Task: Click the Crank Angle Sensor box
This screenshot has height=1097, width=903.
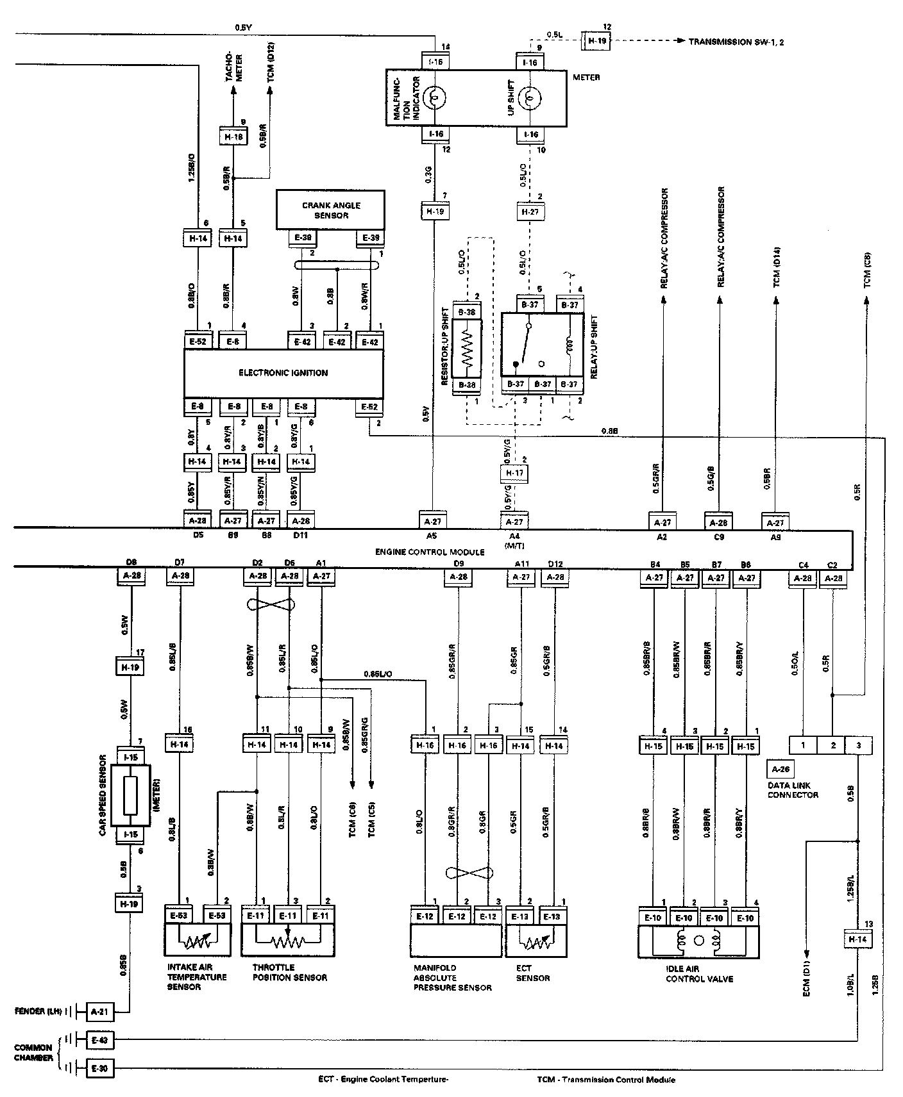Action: [x=330, y=210]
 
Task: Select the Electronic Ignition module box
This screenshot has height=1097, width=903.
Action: [x=283, y=373]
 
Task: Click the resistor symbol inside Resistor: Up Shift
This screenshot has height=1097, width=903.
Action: [x=467, y=349]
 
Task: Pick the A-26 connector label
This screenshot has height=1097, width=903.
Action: [x=780, y=769]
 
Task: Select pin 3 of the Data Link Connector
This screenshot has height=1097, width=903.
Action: [x=859, y=745]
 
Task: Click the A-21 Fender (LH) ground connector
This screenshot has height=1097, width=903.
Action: [x=100, y=1012]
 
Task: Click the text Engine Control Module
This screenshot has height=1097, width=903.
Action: [x=429, y=552]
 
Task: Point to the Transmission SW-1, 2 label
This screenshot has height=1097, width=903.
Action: [x=738, y=42]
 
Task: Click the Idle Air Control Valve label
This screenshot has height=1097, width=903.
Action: [x=699, y=974]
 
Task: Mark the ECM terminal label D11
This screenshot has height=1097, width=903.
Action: [x=300, y=537]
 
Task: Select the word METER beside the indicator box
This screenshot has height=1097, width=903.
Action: [x=586, y=78]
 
